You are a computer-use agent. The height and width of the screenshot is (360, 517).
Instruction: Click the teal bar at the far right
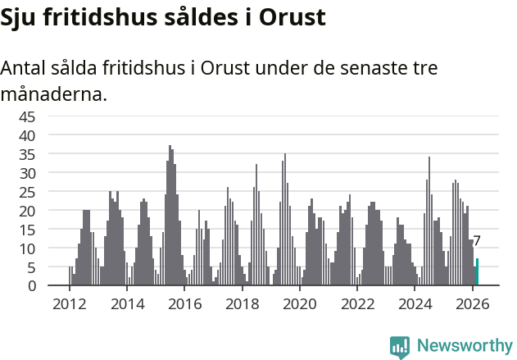(x=477, y=272)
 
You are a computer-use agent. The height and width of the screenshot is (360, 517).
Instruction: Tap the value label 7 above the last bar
(x=477, y=241)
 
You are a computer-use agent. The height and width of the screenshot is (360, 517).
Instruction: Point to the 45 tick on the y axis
(x=27, y=116)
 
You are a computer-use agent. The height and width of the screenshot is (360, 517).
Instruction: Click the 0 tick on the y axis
(x=31, y=286)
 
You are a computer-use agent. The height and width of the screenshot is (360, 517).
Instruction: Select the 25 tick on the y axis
(x=27, y=192)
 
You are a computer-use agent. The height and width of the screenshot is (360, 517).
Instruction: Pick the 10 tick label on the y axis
(x=27, y=248)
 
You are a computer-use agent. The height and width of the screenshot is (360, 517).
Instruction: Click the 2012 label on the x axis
(x=69, y=304)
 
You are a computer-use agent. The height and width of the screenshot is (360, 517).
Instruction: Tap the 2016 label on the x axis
(x=184, y=304)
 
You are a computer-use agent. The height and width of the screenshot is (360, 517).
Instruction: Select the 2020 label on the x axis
(x=300, y=304)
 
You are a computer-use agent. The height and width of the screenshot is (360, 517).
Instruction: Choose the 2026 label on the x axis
(x=473, y=304)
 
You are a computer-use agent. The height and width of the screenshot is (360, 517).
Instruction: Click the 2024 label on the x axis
(x=415, y=304)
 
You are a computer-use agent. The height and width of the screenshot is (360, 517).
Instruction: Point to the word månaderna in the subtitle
(x=53, y=94)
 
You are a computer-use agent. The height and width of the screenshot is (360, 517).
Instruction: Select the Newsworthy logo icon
(x=400, y=346)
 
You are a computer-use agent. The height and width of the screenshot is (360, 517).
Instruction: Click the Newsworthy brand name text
(x=464, y=346)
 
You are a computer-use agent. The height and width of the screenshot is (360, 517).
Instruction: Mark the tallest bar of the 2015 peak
(x=170, y=216)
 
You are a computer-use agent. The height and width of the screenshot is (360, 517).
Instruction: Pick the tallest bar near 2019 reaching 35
(x=285, y=220)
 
